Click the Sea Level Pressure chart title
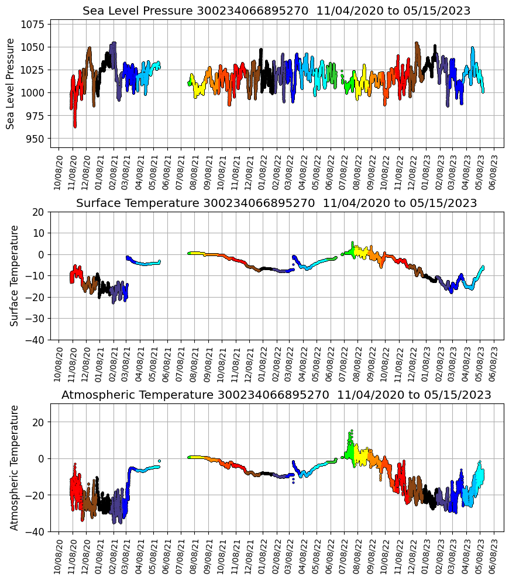276,11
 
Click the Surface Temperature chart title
276,203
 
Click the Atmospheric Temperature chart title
276,395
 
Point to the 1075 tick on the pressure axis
36,25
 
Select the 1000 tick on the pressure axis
36,93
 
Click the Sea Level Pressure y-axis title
11,84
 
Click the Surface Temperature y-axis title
15,275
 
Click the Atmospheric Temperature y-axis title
15,467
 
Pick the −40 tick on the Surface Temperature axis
37,340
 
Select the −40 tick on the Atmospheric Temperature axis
37,531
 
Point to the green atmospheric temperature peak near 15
351,431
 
